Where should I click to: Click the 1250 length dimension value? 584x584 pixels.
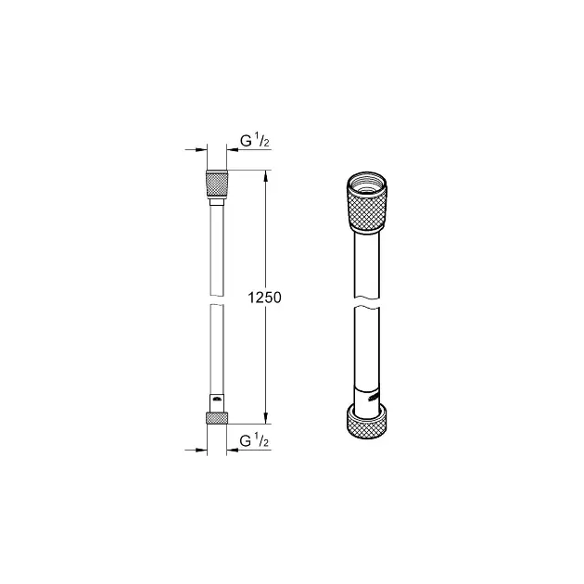tap(265, 298)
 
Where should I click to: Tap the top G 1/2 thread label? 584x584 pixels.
tap(255, 141)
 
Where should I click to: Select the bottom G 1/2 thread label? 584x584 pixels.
tap(254, 440)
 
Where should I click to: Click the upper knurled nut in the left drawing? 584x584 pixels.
tap(217, 184)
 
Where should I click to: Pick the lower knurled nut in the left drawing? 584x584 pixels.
tap(217, 418)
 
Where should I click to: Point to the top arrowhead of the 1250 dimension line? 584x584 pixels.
tap(265, 175)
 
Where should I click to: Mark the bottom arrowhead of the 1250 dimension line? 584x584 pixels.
tap(265, 418)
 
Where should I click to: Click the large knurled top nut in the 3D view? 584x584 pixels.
tap(367, 202)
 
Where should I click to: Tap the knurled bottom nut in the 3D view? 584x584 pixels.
tap(367, 421)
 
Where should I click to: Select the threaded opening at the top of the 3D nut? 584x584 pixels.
tap(367, 185)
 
